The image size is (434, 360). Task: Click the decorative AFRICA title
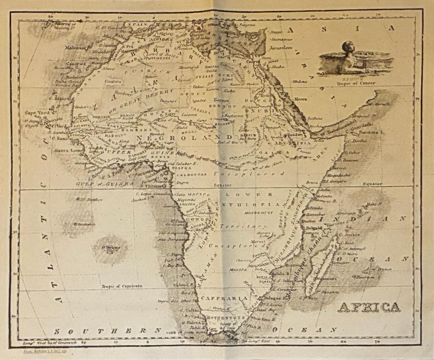368,307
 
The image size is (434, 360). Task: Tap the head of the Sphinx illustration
348,47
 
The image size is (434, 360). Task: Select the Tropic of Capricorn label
122,286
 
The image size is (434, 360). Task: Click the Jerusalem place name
281,48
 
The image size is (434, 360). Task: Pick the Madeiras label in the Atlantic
75,47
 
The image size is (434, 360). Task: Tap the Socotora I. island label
373,133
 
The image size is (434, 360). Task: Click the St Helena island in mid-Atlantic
109,248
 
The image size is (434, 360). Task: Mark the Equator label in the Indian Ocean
372,184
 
